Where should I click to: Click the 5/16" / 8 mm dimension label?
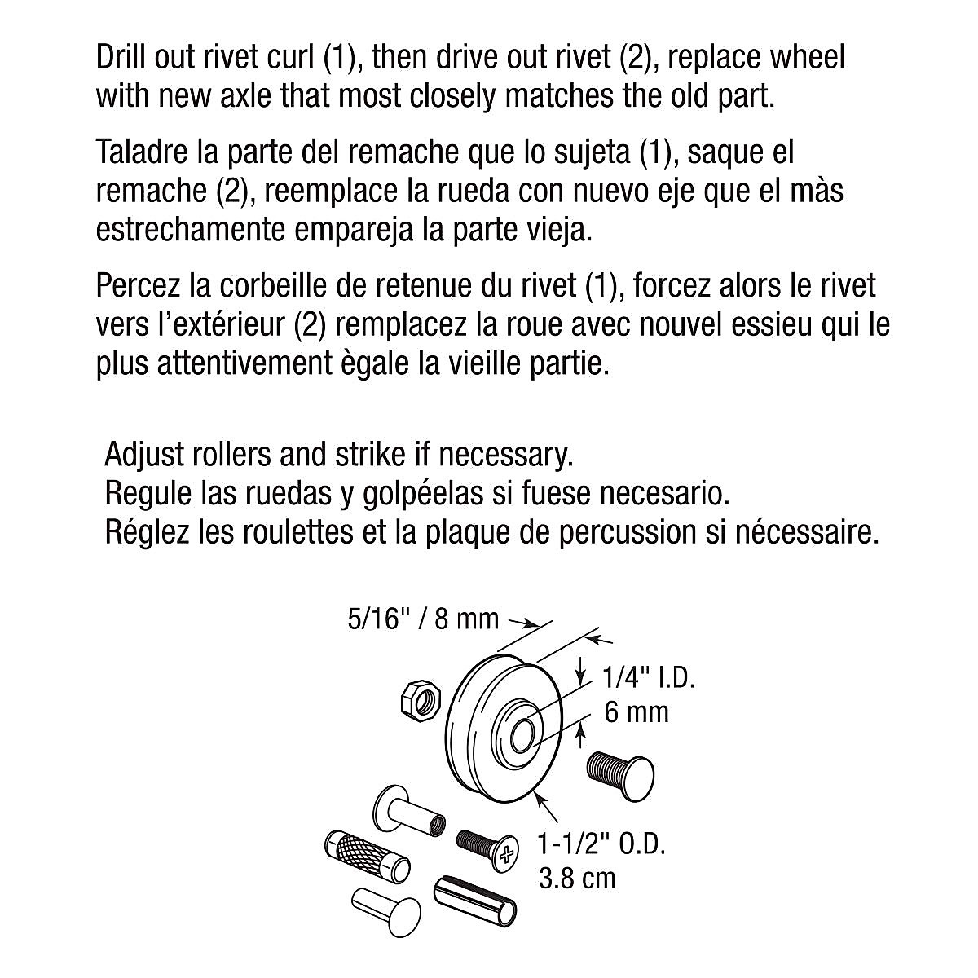423,619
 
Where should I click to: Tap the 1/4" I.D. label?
648,677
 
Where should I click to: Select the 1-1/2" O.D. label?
601,844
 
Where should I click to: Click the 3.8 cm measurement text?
577,879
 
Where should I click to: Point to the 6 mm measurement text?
637,712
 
